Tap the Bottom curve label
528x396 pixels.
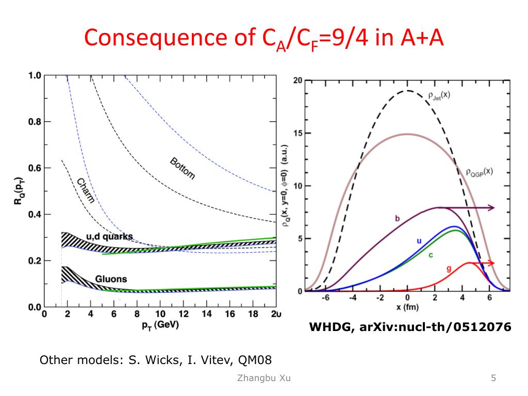click(x=183, y=168)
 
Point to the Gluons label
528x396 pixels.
click(x=111, y=279)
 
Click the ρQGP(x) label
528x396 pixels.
click(x=477, y=171)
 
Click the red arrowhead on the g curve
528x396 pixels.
click(x=491, y=263)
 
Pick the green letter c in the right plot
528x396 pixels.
click(x=431, y=254)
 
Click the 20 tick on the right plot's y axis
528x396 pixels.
click(x=298, y=80)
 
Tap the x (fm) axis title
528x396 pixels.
click(x=407, y=308)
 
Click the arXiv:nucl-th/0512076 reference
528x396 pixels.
click(x=432, y=326)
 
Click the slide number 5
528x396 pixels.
click(x=493, y=378)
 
